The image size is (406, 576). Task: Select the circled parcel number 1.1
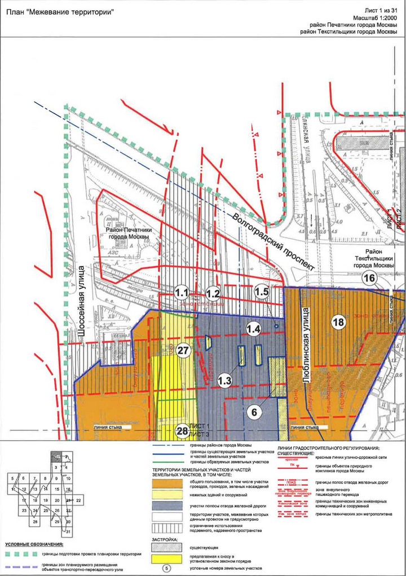(x=182, y=293)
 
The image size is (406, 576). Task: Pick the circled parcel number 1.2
(x=213, y=293)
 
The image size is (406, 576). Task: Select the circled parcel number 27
(x=182, y=350)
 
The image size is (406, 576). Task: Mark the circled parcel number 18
(x=338, y=322)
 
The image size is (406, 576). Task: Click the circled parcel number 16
(x=369, y=278)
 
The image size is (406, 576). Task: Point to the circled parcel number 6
(x=255, y=412)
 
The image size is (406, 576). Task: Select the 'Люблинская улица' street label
(x=307, y=346)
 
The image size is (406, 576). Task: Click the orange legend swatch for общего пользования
(x=167, y=483)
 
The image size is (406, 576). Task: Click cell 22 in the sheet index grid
(x=79, y=500)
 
